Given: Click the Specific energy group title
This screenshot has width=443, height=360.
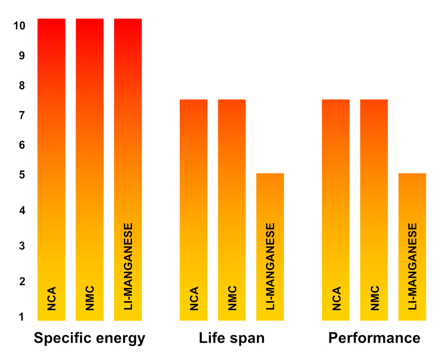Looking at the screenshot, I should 89,338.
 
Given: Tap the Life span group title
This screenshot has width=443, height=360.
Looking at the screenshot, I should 232,338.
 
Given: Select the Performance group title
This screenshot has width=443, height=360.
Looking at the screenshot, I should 374,338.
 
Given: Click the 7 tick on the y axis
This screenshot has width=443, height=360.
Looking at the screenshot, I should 21,116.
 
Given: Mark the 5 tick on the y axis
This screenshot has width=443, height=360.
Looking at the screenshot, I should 21,175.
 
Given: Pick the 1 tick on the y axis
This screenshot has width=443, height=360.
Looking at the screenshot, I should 21,317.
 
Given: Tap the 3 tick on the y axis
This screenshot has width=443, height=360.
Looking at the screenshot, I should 21,247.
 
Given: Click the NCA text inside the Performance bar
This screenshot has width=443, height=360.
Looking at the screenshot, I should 336,299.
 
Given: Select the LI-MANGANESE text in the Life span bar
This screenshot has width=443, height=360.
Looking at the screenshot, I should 270,267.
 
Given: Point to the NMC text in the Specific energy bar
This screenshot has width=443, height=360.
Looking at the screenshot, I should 90,298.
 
